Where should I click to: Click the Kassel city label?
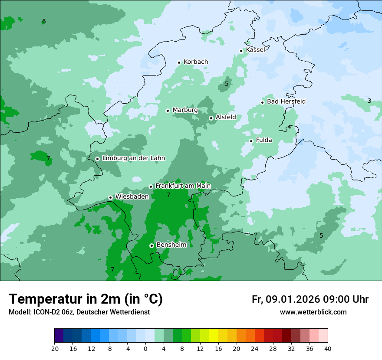[255, 50]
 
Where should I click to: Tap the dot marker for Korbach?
[179, 62]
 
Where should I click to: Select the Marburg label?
[185, 110]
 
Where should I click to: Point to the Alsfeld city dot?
[211, 118]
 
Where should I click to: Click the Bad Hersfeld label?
[286, 101]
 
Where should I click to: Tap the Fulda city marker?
[251, 141]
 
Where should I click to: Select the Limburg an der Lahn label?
[133, 158]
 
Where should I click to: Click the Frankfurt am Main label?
[183, 186]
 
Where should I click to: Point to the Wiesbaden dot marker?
[110, 197]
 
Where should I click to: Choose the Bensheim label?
[171, 245]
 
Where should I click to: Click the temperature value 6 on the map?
[44, 22]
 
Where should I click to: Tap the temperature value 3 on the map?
[369, 101]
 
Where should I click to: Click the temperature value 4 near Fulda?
[289, 127]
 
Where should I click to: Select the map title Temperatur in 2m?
[86, 299]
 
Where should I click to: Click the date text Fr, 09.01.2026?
[286, 299]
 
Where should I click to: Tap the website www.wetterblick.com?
[313, 312]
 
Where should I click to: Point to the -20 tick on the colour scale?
[54, 348]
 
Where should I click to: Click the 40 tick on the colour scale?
[328, 348]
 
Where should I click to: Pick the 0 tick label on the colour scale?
[145, 348]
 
